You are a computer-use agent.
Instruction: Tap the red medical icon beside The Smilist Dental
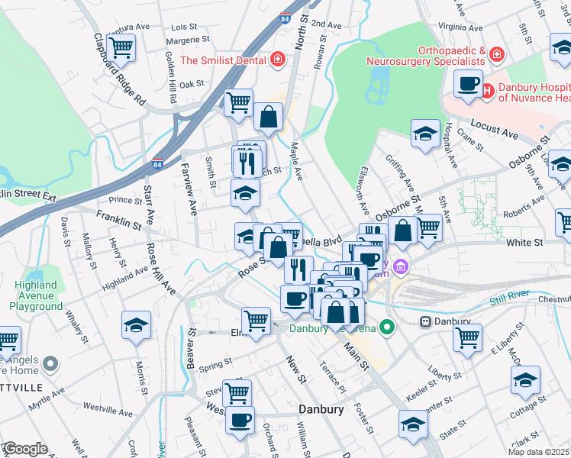[x=279, y=60]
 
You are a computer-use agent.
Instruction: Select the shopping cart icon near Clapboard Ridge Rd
[x=121, y=47]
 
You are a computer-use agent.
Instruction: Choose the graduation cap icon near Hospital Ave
[x=425, y=134]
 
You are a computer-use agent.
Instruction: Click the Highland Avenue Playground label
[x=36, y=295]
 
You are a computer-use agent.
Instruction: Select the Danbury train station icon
[x=427, y=321]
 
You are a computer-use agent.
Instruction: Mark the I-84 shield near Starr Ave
[x=157, y=163]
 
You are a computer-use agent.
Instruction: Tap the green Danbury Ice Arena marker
[x=388, y=328]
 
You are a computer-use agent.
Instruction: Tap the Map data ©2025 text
[x=538, y=452]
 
